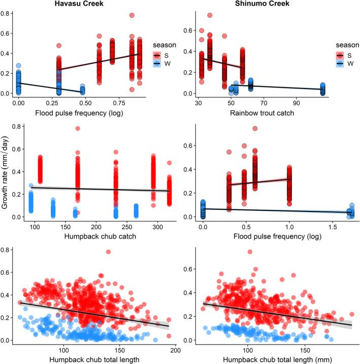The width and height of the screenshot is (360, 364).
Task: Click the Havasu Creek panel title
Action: pyautogui.click(x=84, y=5)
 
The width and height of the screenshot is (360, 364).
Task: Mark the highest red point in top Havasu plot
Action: pyautogui.click(x=132, y=16)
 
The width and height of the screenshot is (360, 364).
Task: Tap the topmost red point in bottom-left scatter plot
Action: pyautogui.click(x=108, y=252)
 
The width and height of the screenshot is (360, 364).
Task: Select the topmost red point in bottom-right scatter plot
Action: pyautogui.click(x=249, y=252)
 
